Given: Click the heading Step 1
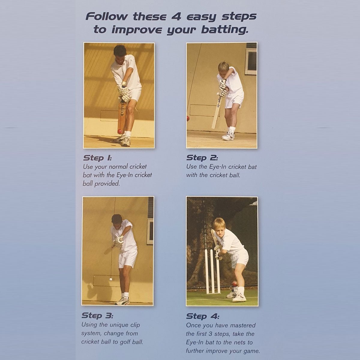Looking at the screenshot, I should coord(97,158).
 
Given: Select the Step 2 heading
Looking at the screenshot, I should coord(202,158).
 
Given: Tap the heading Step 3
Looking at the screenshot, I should coord(97,316).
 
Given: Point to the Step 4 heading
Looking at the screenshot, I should coord(202,316).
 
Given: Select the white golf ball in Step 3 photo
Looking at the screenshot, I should coord(111,279).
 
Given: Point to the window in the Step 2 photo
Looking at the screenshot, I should coord(251,61).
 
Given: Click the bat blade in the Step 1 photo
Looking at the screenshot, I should coord(122,115).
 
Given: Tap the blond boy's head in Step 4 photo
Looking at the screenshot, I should coord(219,227).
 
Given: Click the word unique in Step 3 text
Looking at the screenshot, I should coord(119,325).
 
